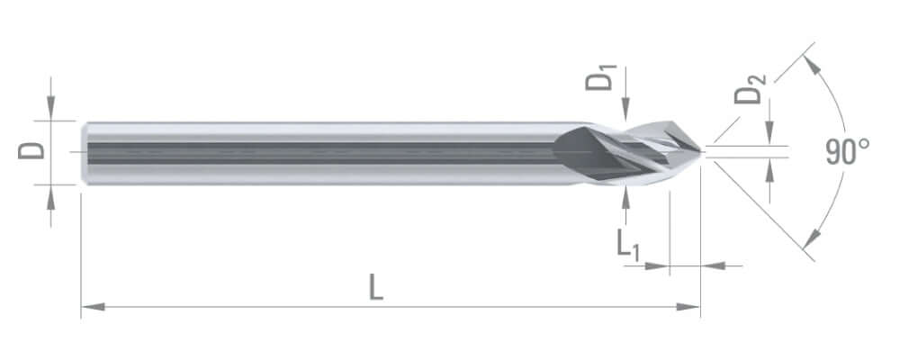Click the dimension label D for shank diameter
(x=31, y=151)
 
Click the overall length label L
(x=375, y=287)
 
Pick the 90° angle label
(x=847, y=151)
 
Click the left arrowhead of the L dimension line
(x=93, y=307)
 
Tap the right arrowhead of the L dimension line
(x=688, y=307)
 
